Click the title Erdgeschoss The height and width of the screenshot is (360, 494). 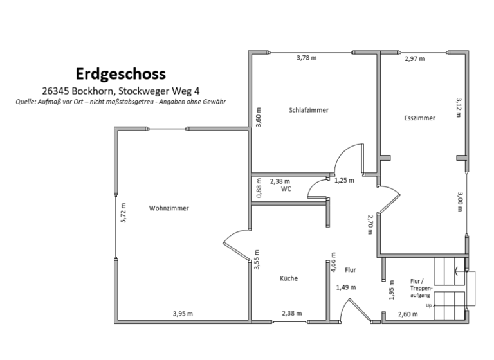(121, 73)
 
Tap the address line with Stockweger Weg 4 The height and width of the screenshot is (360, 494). (121, 91)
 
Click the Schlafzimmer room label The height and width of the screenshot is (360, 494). (309, 110)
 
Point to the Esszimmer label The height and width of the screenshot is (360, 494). (420, 118)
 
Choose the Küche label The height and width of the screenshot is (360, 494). (289, 278)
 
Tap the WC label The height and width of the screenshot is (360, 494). (286, 190)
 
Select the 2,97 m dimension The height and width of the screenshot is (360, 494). (414, 59)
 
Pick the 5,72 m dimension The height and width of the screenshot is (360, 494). (123, 213)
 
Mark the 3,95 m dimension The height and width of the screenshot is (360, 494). (183, 313)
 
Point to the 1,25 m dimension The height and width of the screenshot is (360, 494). (345, 181)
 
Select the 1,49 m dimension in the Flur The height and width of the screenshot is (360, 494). (346, 287)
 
